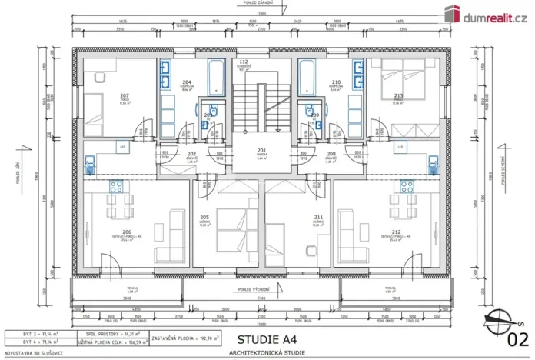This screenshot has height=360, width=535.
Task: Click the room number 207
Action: click(124, 96)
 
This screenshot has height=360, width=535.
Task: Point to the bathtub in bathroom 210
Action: click(306, 77)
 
